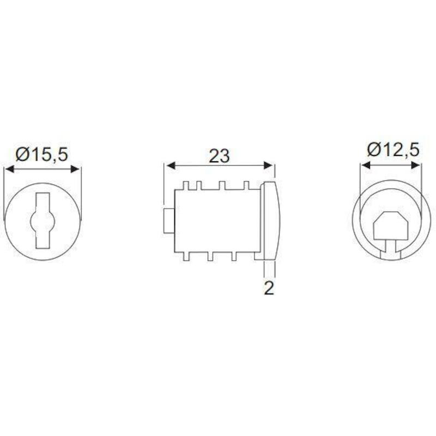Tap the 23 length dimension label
pos(220,156)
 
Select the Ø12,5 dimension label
pos(393,150)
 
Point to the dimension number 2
pos(269,288)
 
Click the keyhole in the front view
pos(43,221)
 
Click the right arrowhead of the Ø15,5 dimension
pos(75,169)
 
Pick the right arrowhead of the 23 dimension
pos(268,166)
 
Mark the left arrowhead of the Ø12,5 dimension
pos(366,165)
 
